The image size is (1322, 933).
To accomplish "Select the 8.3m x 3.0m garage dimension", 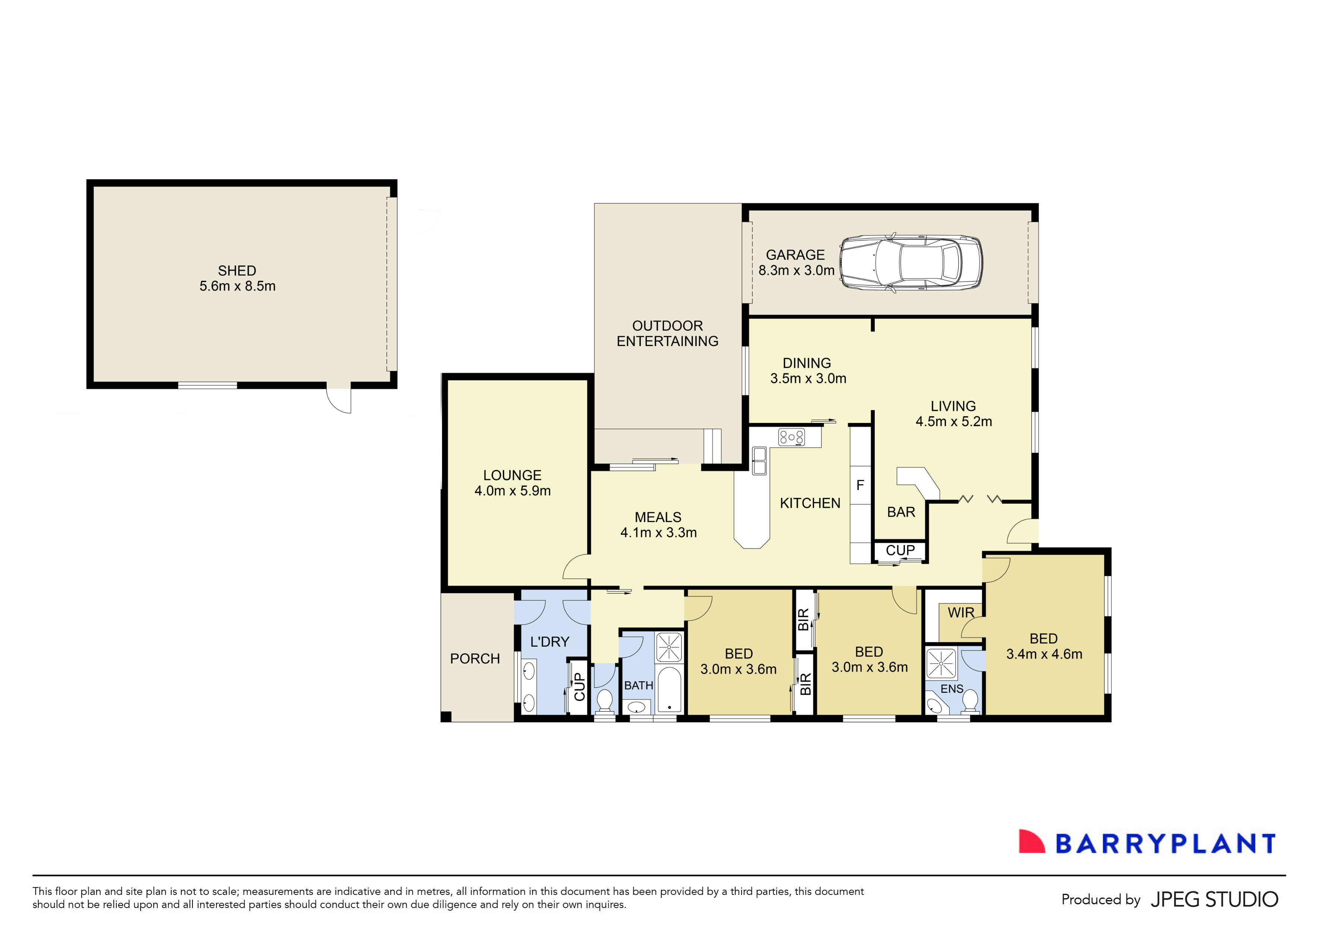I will pyautogui.click(x=796, y=270).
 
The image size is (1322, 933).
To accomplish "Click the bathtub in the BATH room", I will pyautogui.click(x=669, y=690).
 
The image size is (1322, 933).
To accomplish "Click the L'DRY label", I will pyautogui.click(x=550, y=642).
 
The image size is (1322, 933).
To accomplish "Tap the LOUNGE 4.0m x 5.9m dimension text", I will pyautogui.click(x=513, y=491).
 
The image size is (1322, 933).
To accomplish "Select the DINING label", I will pyautogui.click(x=807, y=363).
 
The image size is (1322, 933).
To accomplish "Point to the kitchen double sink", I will pyautogui.click(x=759, y=461).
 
